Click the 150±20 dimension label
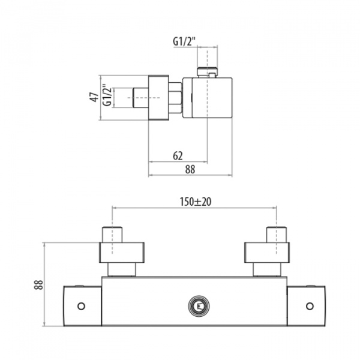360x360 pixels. [196, 202]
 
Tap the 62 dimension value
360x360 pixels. [178, 156]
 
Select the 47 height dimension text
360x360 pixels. [94, 97]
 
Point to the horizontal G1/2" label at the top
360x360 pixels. [184, 42]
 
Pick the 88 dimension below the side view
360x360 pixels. [190, 170]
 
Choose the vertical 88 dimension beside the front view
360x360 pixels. [39, 284]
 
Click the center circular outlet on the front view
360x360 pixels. [199, 306]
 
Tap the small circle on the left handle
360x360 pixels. [81, 306]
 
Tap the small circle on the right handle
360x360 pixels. [310, 306]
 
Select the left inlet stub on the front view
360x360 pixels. [112, 235]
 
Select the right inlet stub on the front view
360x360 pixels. [277, 235]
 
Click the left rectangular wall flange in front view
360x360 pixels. [122, 253]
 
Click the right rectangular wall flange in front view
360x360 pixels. [267, 253]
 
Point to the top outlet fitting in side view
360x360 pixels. [207, 72]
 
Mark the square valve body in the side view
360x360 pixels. [208, 98]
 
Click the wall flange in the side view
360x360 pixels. [158, 98]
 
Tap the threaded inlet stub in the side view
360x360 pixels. [140, 98]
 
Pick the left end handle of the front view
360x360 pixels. [82, 306]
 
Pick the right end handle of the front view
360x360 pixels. [306, 306]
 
